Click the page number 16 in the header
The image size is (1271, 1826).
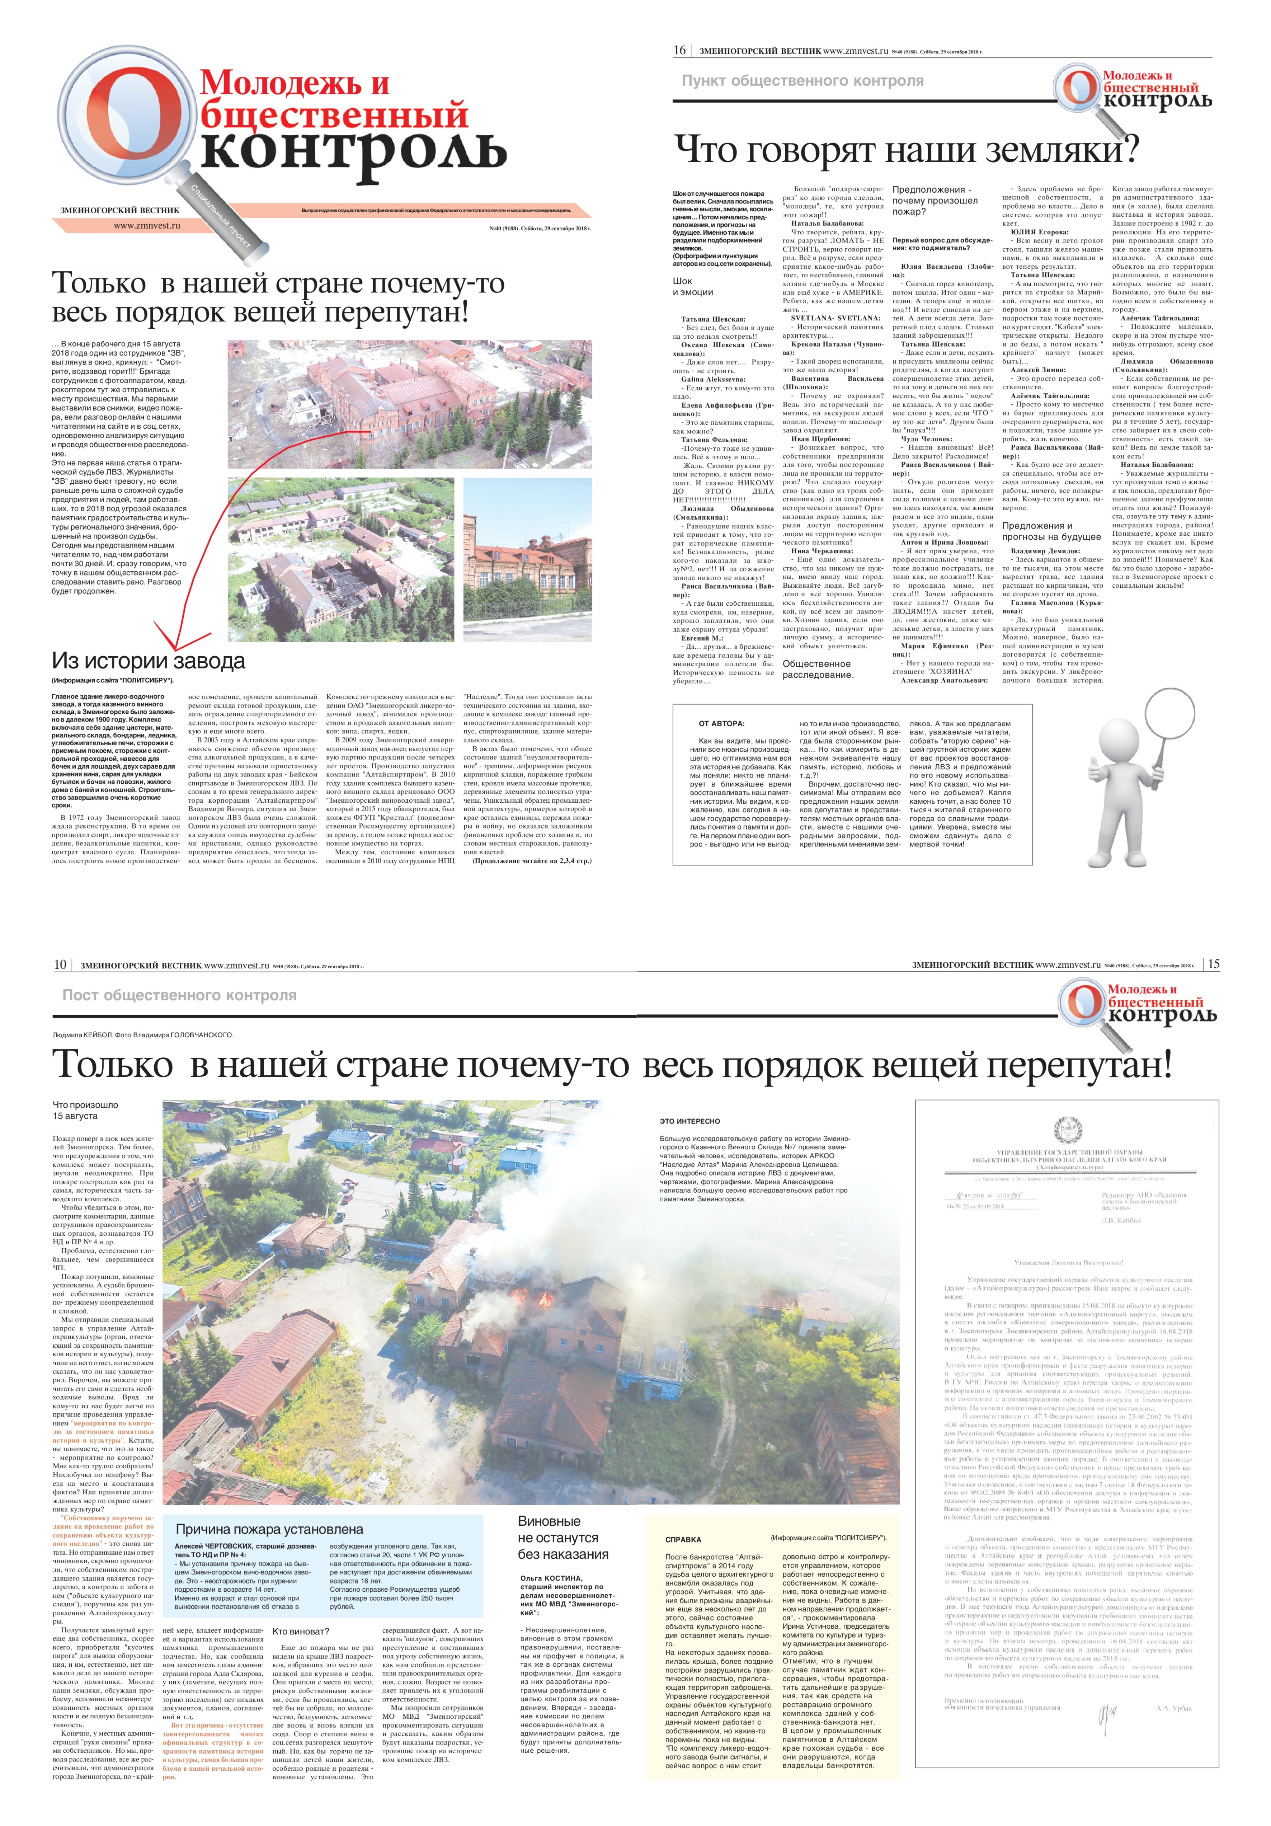coord(679,50)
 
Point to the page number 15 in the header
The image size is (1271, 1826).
coord(1213,964)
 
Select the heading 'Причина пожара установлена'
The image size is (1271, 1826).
coord(269,1529)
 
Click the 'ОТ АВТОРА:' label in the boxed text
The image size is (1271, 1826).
coord(721,724)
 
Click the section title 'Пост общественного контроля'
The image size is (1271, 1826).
coord(179,995)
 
